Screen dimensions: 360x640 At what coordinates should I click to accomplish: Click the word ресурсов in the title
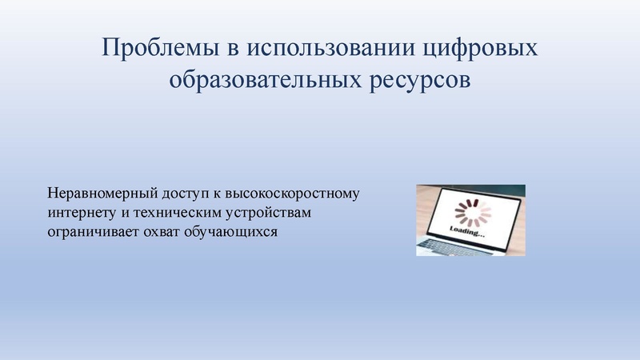pos(425,81)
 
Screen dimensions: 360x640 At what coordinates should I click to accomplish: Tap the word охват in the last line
pos(161,233)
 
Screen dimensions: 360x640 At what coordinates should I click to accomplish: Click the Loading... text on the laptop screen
pos(467,233)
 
